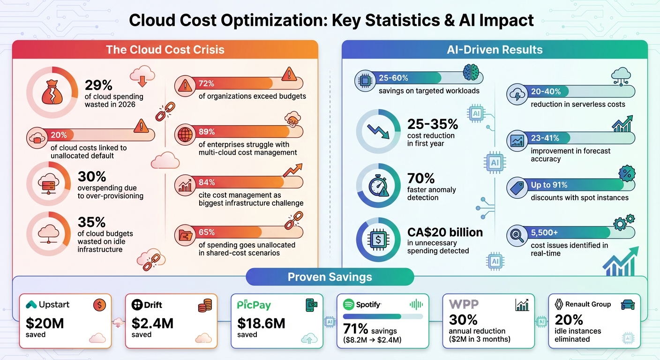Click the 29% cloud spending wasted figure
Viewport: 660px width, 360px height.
98,85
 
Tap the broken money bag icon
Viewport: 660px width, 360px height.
52,92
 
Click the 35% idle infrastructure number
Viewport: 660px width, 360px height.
91,221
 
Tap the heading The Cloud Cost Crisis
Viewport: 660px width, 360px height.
165,50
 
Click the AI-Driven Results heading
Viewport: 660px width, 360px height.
495,50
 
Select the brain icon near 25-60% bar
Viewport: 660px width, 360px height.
472,74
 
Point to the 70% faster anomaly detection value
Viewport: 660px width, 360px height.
421,178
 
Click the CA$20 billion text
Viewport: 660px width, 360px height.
444,232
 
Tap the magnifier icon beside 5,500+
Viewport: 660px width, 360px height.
517,236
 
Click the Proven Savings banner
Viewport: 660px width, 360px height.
330,277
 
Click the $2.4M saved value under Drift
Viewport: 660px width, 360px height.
152,323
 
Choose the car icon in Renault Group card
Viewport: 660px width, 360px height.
627,305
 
